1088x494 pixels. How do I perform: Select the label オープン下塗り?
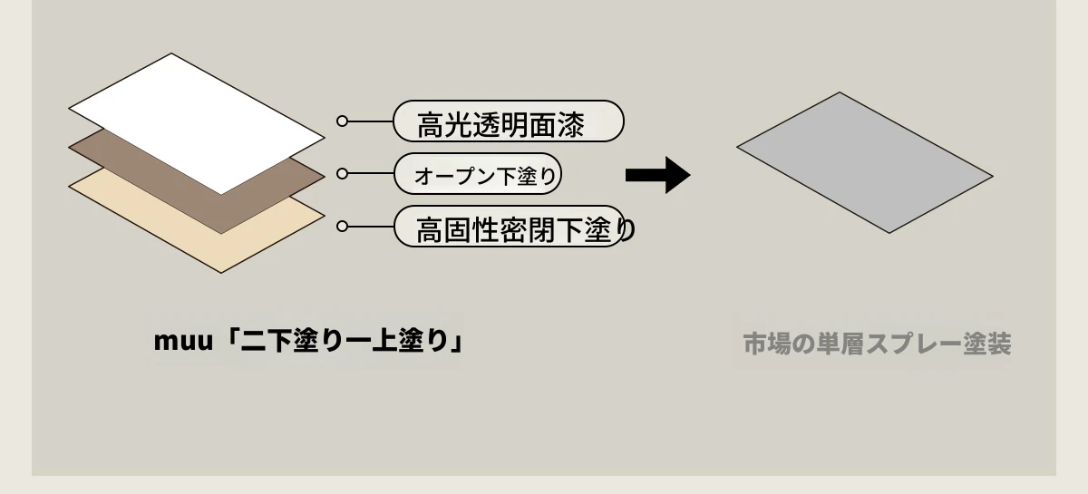click(x=479, y=175)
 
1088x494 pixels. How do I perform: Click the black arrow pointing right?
click(x=658, y=175)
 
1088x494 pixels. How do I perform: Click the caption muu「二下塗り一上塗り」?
click(x=309, y=343)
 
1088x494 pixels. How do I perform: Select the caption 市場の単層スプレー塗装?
click(x=876, y=344)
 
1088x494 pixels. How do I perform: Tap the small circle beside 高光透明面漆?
click(x=342, y=121)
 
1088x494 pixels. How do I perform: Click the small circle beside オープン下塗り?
click(x=342, y=173)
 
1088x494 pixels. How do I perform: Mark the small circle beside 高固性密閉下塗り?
click(x=342, y=227)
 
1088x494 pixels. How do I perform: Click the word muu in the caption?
click(x=180, y=343)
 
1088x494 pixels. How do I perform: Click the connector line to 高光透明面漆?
click(x=370, y=121)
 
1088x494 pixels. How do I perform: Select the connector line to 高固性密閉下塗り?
click(x=370, y=227)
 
